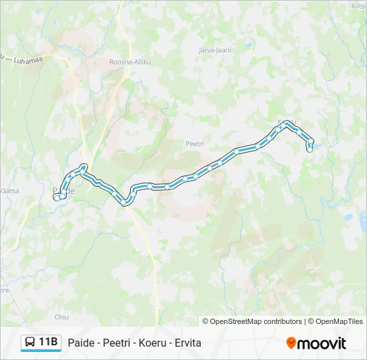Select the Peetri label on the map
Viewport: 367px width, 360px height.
(194, 143)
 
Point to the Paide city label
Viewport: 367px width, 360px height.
(63, 191)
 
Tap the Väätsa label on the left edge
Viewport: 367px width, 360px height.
(9, 190)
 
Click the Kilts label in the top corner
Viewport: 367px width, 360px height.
(358, 6)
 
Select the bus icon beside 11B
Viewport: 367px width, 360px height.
(31, 343)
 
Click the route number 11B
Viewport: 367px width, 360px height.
(48, 343)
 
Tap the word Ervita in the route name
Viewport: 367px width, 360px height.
(188, 343)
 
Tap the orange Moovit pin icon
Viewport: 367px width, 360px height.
(291, 343)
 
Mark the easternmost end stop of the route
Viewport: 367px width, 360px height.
(310, 149)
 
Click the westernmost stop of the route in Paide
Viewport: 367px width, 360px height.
(57, 197)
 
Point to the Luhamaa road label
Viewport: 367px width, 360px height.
(24, 60)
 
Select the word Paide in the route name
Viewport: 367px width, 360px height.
(81, 343)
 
